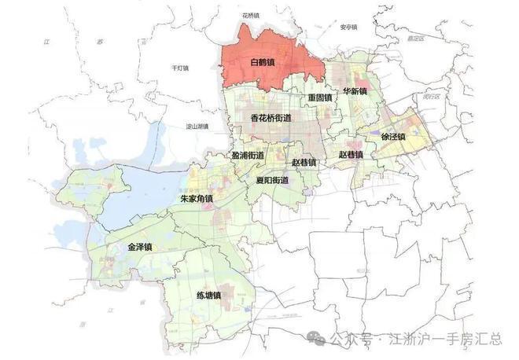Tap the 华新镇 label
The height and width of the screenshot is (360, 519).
point(354,91)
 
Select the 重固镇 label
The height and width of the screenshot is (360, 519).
point(319,97)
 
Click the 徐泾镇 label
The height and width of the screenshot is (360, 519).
point(392,136)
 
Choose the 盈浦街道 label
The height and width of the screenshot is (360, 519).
point(248,156)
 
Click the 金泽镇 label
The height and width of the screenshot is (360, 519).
point(141,247)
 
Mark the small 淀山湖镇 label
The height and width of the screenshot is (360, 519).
point(196,126)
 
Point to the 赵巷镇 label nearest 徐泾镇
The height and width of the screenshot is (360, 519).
point(351,155)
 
